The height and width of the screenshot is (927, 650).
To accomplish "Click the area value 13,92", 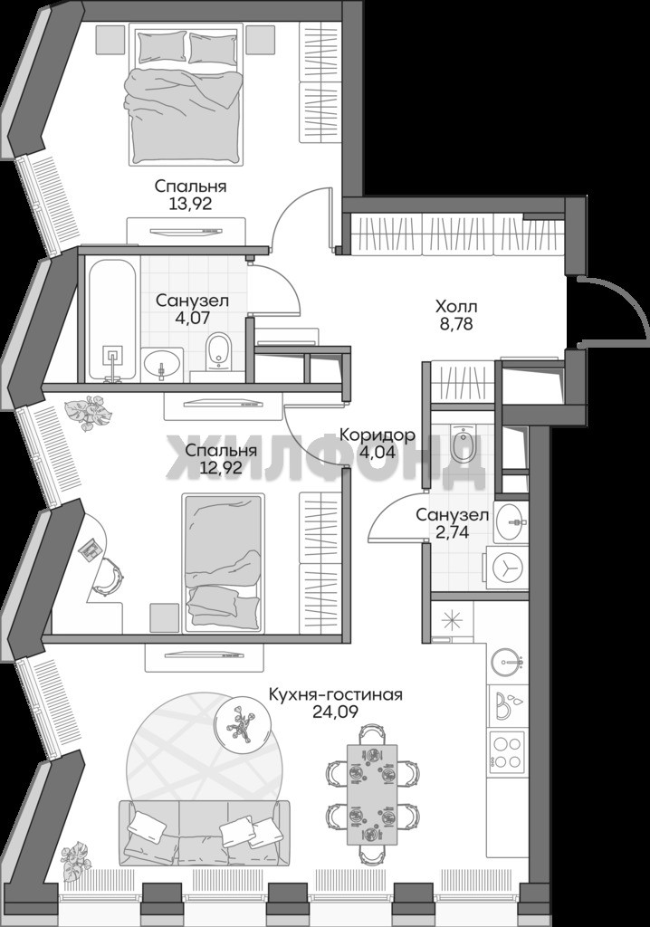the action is (190, 205).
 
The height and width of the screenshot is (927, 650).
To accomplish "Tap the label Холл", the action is (456, 308).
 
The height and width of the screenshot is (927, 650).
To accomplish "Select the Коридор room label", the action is (378, 435).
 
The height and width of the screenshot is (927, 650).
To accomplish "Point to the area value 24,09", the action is (335, 712).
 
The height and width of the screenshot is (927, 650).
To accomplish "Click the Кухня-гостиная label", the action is (335, 693).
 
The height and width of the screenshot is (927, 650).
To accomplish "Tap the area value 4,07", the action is (192, 318).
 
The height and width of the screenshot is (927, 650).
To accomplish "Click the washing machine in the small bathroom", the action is (507, 568).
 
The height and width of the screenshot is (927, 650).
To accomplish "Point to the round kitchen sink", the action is (507, 662).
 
